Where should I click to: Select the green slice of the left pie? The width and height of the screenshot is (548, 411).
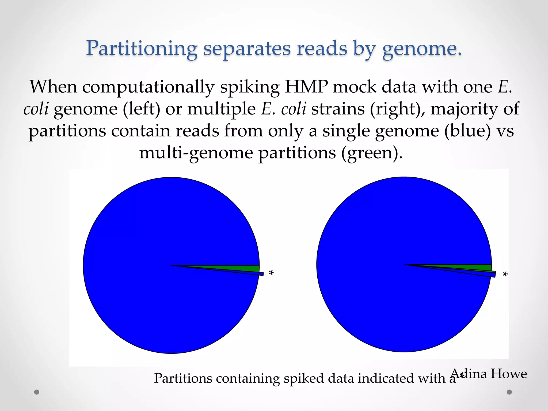pyautogui.click(x=241, y=268)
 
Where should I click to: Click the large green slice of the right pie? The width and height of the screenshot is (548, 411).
pyautogui.click(x=476, y=267)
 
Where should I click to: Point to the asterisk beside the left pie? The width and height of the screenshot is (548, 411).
pyautogui.click(x=271, y=273)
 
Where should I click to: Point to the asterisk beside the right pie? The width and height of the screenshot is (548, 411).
pyautogui.click(x=505, y=275)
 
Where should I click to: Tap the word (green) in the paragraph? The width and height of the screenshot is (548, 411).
pyautogui.click(x=372, y=153)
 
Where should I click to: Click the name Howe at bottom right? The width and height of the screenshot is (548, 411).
pyautogui.click(x=508, y=374)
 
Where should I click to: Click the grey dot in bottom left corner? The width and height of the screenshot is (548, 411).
pyautogui.click(x=37, y=392)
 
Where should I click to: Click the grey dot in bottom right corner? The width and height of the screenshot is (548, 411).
pyautogui.click(x=509, y=392)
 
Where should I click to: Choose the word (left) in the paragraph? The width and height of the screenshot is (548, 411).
pyautogui.click(x=142, y=109)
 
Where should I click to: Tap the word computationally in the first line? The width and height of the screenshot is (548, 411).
pyautogui.click(x=148, y=87)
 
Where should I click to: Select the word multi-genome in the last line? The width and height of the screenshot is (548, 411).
pyautogui.click(x=196, y=153)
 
